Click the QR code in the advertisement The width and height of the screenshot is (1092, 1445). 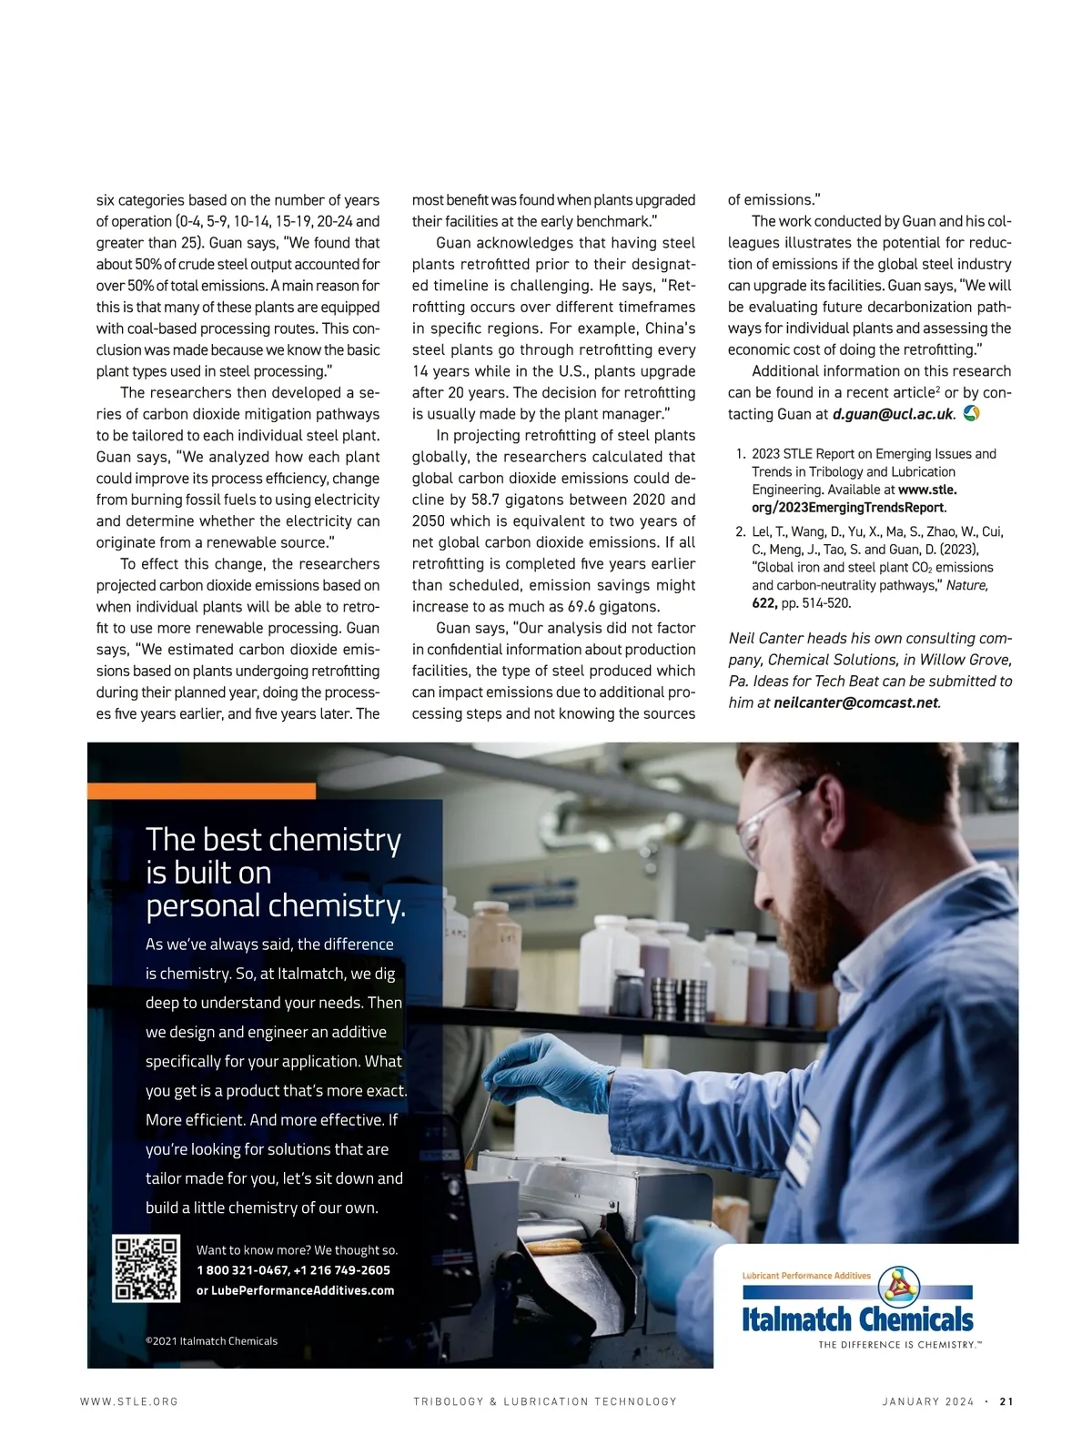(x=146, y=1268)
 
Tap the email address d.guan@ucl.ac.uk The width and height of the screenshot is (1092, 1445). (x=893, y=414)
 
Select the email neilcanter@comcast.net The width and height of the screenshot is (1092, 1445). (x=855, y=702)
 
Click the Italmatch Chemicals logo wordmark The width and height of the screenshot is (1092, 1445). (x=857, y=1319)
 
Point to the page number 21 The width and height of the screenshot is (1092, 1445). (x=1006, y=1401)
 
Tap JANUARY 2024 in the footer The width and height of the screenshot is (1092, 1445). (x=927, y=1401)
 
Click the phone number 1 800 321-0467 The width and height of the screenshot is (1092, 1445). (x=242, y=1270)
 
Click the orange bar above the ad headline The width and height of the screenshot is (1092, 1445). (x=201, y=791)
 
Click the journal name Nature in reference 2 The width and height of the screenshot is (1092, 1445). (x=967, y=585)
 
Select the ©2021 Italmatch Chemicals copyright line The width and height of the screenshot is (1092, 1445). (x=211, y=1340)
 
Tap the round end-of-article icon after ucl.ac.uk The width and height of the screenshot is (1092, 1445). (x=971, y=413)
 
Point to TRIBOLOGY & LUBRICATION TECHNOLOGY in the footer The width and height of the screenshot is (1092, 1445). (x=545, y=1401)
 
